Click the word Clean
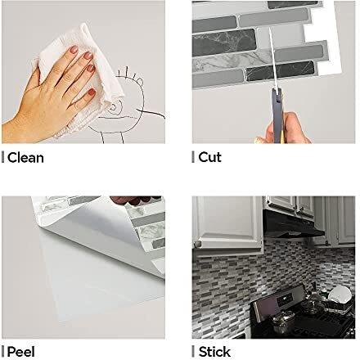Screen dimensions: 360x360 (x=25, y=158)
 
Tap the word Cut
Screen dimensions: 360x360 (x=209, y=157)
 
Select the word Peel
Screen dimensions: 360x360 (x=21, y=352)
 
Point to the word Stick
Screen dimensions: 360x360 (x=214, y=352)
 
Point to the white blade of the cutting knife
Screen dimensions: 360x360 (x=273, y=59)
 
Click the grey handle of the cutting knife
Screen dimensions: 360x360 (x=277, y=115)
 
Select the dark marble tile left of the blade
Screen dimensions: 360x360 (x=223, y=43)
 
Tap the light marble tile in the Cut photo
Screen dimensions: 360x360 (x=235, y=61)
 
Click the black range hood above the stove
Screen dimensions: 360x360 (x=292, y=223)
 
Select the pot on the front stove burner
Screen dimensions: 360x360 (x=283, y=322)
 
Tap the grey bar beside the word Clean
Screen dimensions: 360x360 (x=2, y=158)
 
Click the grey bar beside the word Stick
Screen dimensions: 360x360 (x=193, y=352)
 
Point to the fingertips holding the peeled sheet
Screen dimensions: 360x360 (x=133, y=200)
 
